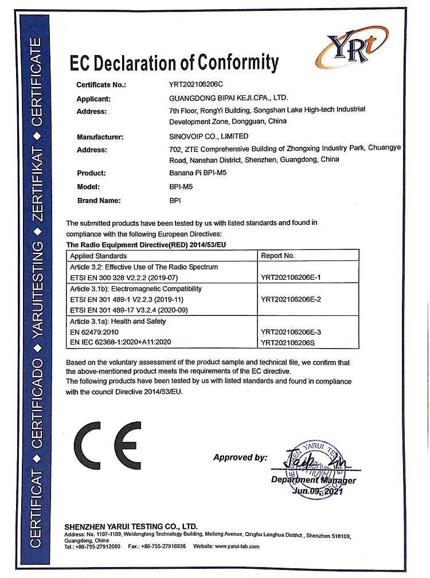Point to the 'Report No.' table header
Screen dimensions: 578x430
pyautogui.click(x=277, y=255)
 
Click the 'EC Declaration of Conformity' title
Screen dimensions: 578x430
pyautogui.click(x=174, y=62)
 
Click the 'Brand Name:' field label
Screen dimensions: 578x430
pyautogui.click(x=98, y=201)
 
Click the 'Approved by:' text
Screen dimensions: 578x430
pyautogui.click(x=240, y=458)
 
